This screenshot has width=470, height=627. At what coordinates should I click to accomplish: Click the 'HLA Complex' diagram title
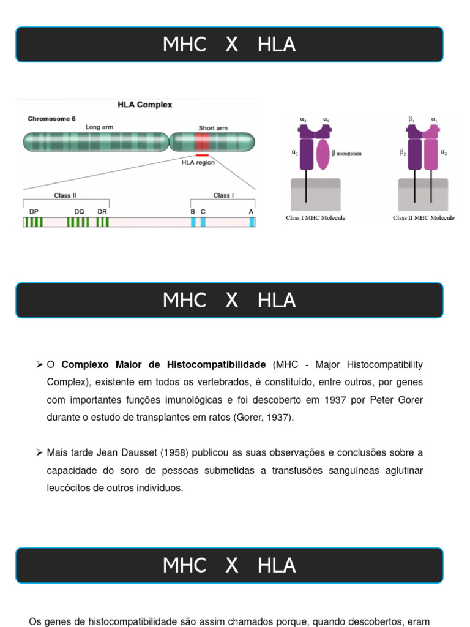(x=145, y=105)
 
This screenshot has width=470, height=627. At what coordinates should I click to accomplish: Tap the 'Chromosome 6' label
(x=51, y=119)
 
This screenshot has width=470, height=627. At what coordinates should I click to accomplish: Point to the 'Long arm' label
(x=99, y=127)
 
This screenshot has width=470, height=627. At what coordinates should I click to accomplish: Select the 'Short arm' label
(x=213, y=128)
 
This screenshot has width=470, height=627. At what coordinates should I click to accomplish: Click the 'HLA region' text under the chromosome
(x=198, y=163)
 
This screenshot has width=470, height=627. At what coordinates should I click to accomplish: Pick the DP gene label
(x=34, y=211)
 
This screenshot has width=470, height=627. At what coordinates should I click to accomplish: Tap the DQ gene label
(x=80, y=211)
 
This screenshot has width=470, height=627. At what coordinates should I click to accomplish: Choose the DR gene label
(x=102, y=211)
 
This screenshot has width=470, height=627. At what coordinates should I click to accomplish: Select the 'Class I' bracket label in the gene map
(x=223, y=195)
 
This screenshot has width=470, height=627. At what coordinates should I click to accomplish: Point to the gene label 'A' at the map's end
(x=251, y=211)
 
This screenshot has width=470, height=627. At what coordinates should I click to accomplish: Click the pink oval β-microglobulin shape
(x=323, y=154)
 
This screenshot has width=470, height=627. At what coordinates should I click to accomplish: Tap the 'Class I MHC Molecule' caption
(x=315, y=218)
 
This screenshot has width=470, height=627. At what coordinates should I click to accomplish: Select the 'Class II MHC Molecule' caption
(x=423, y=218)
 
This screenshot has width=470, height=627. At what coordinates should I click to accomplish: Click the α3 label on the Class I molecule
(x=294, y=152)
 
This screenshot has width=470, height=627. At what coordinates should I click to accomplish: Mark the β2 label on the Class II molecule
(x=403, y=152)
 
